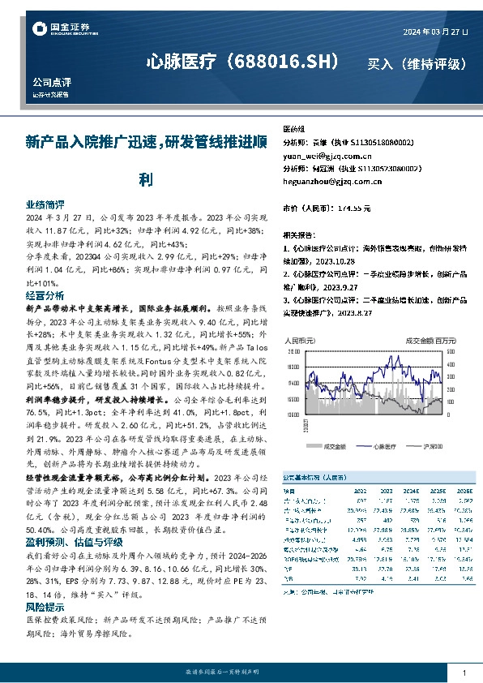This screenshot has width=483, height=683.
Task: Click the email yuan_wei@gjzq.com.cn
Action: (324, 154)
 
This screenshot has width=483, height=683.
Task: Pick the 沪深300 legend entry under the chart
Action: (430, 445)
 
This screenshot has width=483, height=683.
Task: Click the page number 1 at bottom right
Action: (464, 673)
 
